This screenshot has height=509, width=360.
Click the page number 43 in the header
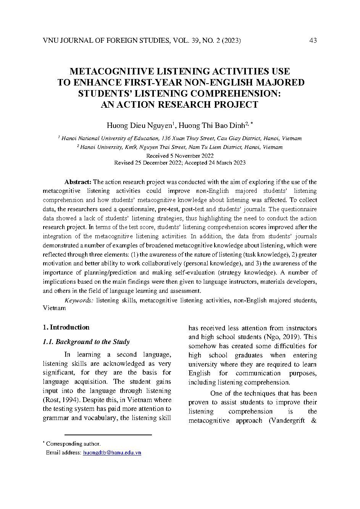pos(313,40)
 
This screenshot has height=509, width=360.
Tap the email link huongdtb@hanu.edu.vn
pos(112,452)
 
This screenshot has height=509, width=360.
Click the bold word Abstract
pos(77,182)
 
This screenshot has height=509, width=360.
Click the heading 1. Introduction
pos(66,327)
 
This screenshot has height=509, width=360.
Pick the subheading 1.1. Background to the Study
pos(86,342)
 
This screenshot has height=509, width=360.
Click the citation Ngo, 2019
pos(283,337)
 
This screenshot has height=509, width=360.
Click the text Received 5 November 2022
pos(180,156)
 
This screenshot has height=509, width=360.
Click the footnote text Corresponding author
pos(73,444)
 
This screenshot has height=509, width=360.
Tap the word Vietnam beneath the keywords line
pos(54,308)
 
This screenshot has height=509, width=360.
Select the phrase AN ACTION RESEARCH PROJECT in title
pos(179,105)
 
